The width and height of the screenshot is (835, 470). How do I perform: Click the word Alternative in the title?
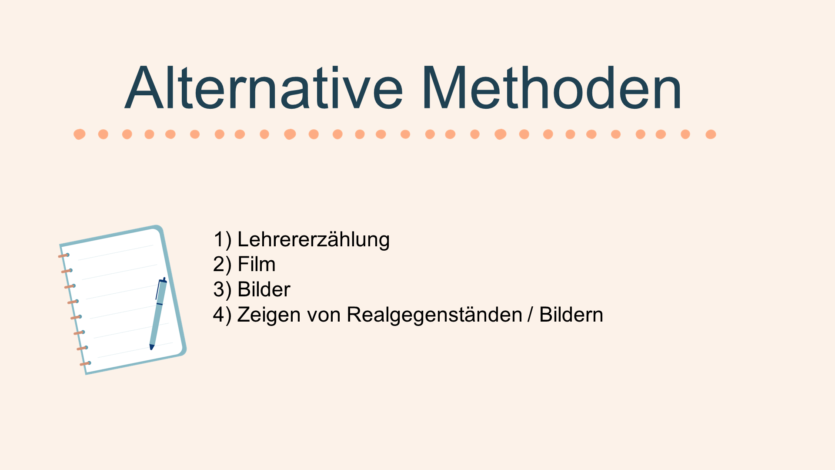(264, 87)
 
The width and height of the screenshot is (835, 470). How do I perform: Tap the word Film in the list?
(257, 264)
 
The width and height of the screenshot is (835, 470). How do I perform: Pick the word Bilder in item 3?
(264, 289)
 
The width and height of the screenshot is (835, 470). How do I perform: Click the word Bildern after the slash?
(571, 315)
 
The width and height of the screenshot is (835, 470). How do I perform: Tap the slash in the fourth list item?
(530, 315)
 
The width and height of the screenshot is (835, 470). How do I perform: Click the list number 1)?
(223, 240)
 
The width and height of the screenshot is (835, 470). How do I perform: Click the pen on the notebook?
(158, 314)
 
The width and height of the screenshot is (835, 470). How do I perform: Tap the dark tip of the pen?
(151, 347)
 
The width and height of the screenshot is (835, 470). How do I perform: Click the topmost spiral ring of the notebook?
(64, 255)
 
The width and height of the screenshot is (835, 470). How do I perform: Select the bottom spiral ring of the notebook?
(85, 363)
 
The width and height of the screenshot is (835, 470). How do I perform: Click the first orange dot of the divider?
(80, 134)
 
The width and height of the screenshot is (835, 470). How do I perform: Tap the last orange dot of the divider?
(711, 134)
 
